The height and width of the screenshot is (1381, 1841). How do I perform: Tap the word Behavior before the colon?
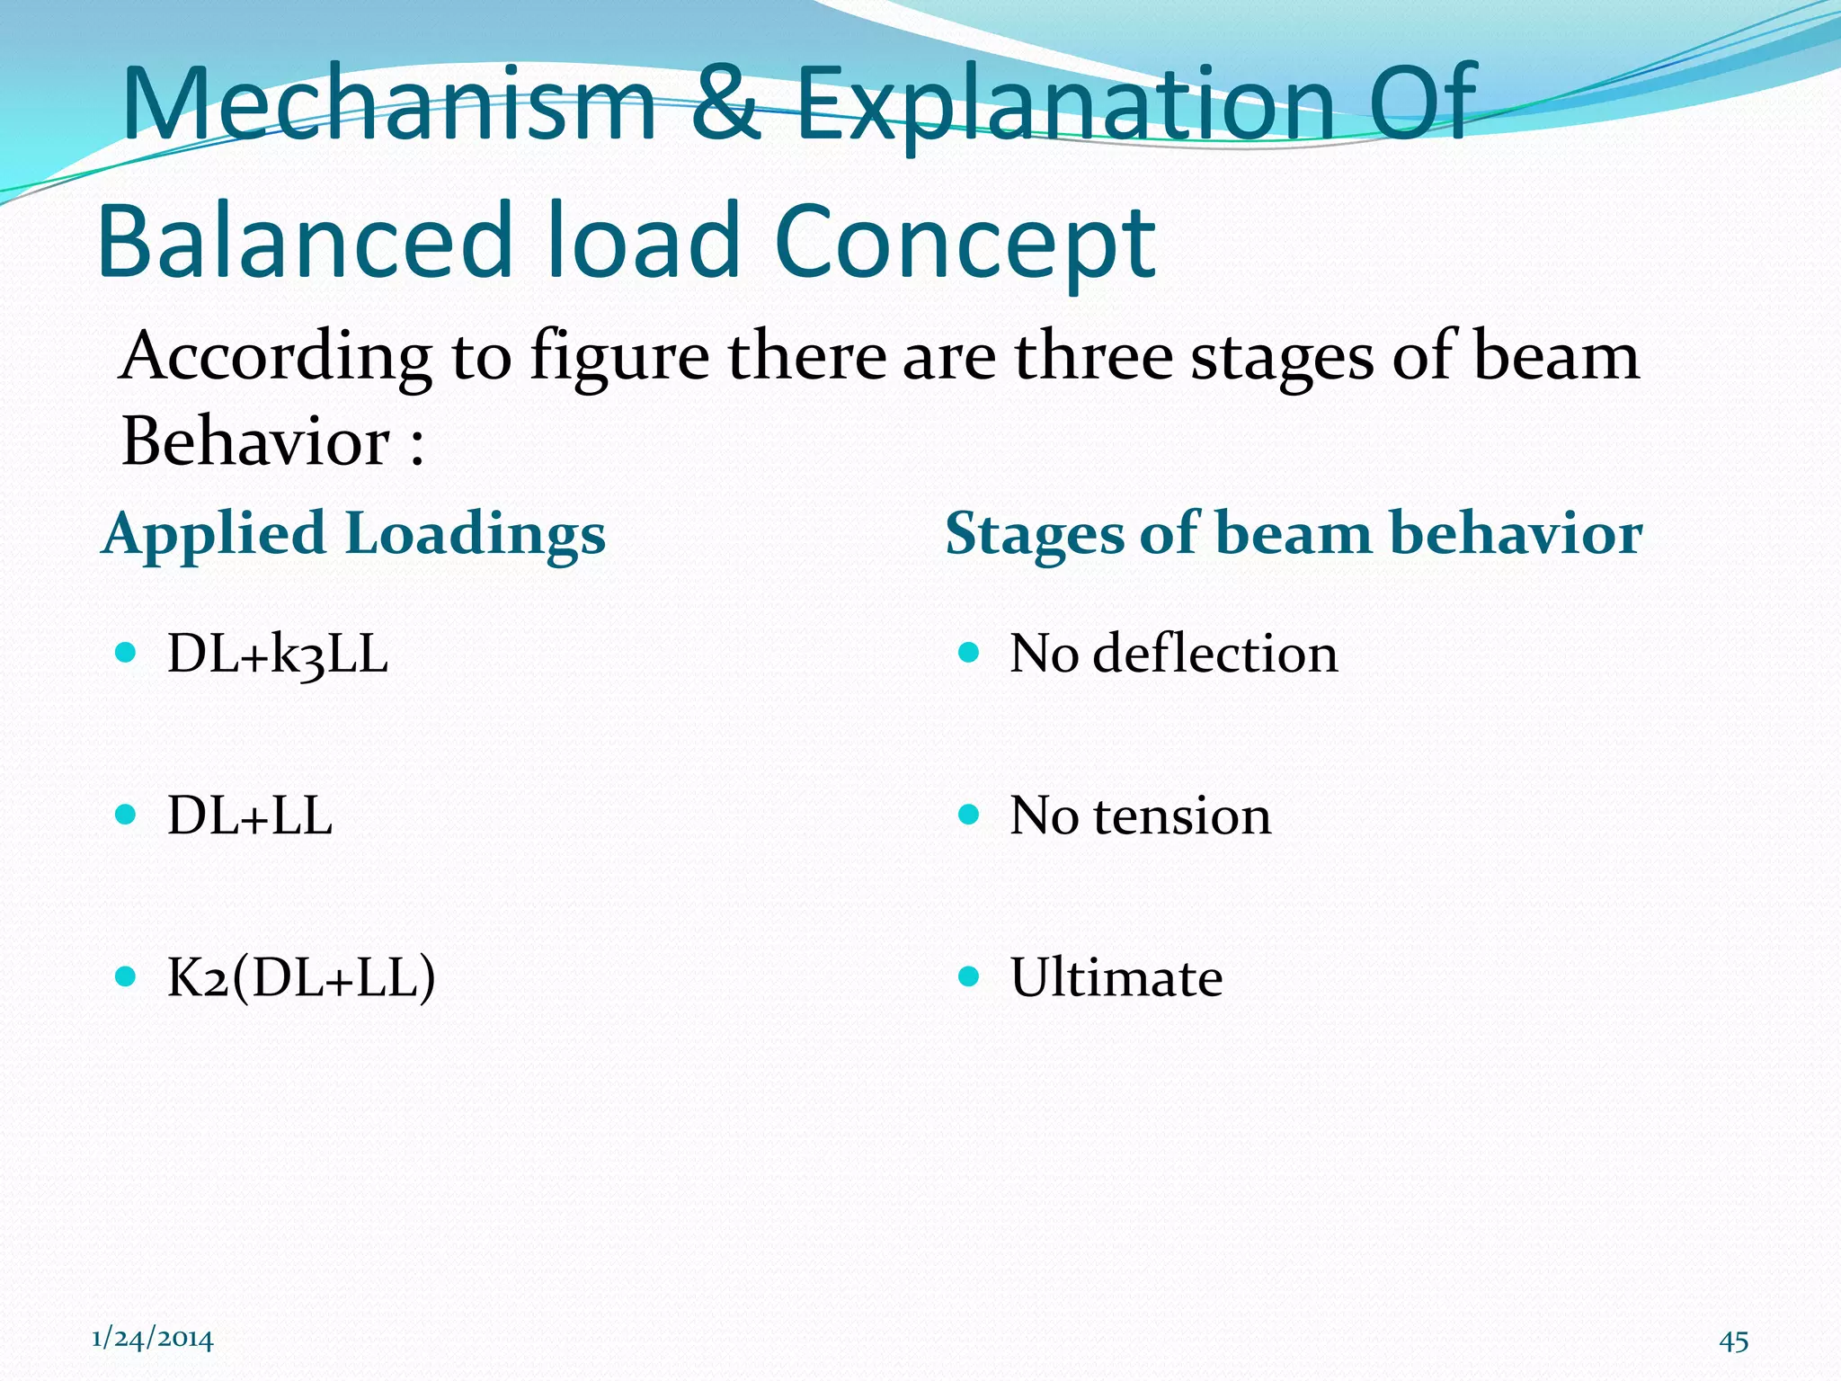coord(255,442)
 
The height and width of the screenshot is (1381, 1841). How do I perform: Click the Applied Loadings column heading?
coord(354,534)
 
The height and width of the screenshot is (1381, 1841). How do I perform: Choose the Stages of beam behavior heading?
coord(1294,534)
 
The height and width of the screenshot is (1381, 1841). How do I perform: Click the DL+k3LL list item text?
coord(278,654)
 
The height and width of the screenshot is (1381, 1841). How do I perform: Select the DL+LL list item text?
coord(250,816)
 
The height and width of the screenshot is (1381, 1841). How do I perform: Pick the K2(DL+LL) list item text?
coord(301,977)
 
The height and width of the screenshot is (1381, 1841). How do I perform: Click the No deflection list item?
coord(1173,654)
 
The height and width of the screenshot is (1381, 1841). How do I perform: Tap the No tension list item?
coord(1140,816)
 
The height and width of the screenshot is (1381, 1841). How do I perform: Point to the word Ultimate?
coord(1116,977)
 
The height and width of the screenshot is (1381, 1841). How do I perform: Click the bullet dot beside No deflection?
coord(968,652)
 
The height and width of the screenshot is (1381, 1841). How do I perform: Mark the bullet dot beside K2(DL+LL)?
coord(126,976)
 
